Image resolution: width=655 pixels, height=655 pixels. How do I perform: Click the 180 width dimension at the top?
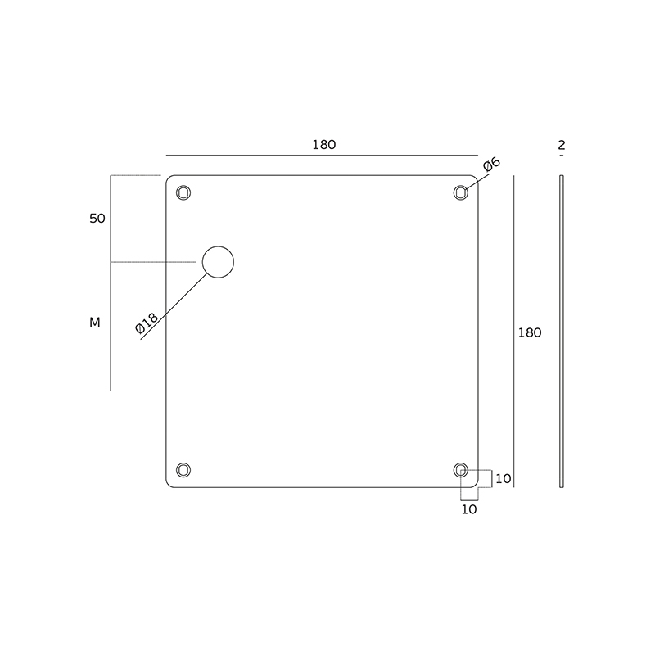(324, 145)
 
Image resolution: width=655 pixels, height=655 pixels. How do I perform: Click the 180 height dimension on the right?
(530, 332)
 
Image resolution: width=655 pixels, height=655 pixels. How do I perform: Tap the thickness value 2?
(562, 145)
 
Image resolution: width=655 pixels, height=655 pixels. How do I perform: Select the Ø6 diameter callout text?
(492, 165)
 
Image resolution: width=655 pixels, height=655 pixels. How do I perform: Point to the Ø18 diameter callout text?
(147, 323)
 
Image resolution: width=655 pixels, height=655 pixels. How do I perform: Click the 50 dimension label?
(97, 219)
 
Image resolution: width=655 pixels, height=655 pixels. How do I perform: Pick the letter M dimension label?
(95, 323)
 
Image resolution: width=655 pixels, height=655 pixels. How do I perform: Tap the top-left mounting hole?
(183, 193)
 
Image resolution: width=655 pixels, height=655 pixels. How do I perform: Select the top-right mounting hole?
(461, 192)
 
